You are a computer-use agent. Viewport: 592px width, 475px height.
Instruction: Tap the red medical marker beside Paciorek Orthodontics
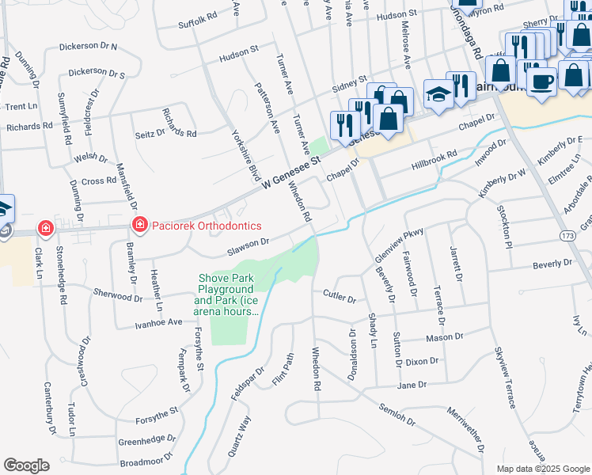click(140, 226)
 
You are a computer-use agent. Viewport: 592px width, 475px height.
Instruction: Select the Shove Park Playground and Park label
click(226, 295)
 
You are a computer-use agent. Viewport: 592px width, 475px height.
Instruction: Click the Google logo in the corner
click(26, 465)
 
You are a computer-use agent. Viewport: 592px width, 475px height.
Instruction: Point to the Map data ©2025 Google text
click(543, 469)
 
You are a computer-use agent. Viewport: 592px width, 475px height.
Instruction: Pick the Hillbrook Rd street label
click(435, 161)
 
